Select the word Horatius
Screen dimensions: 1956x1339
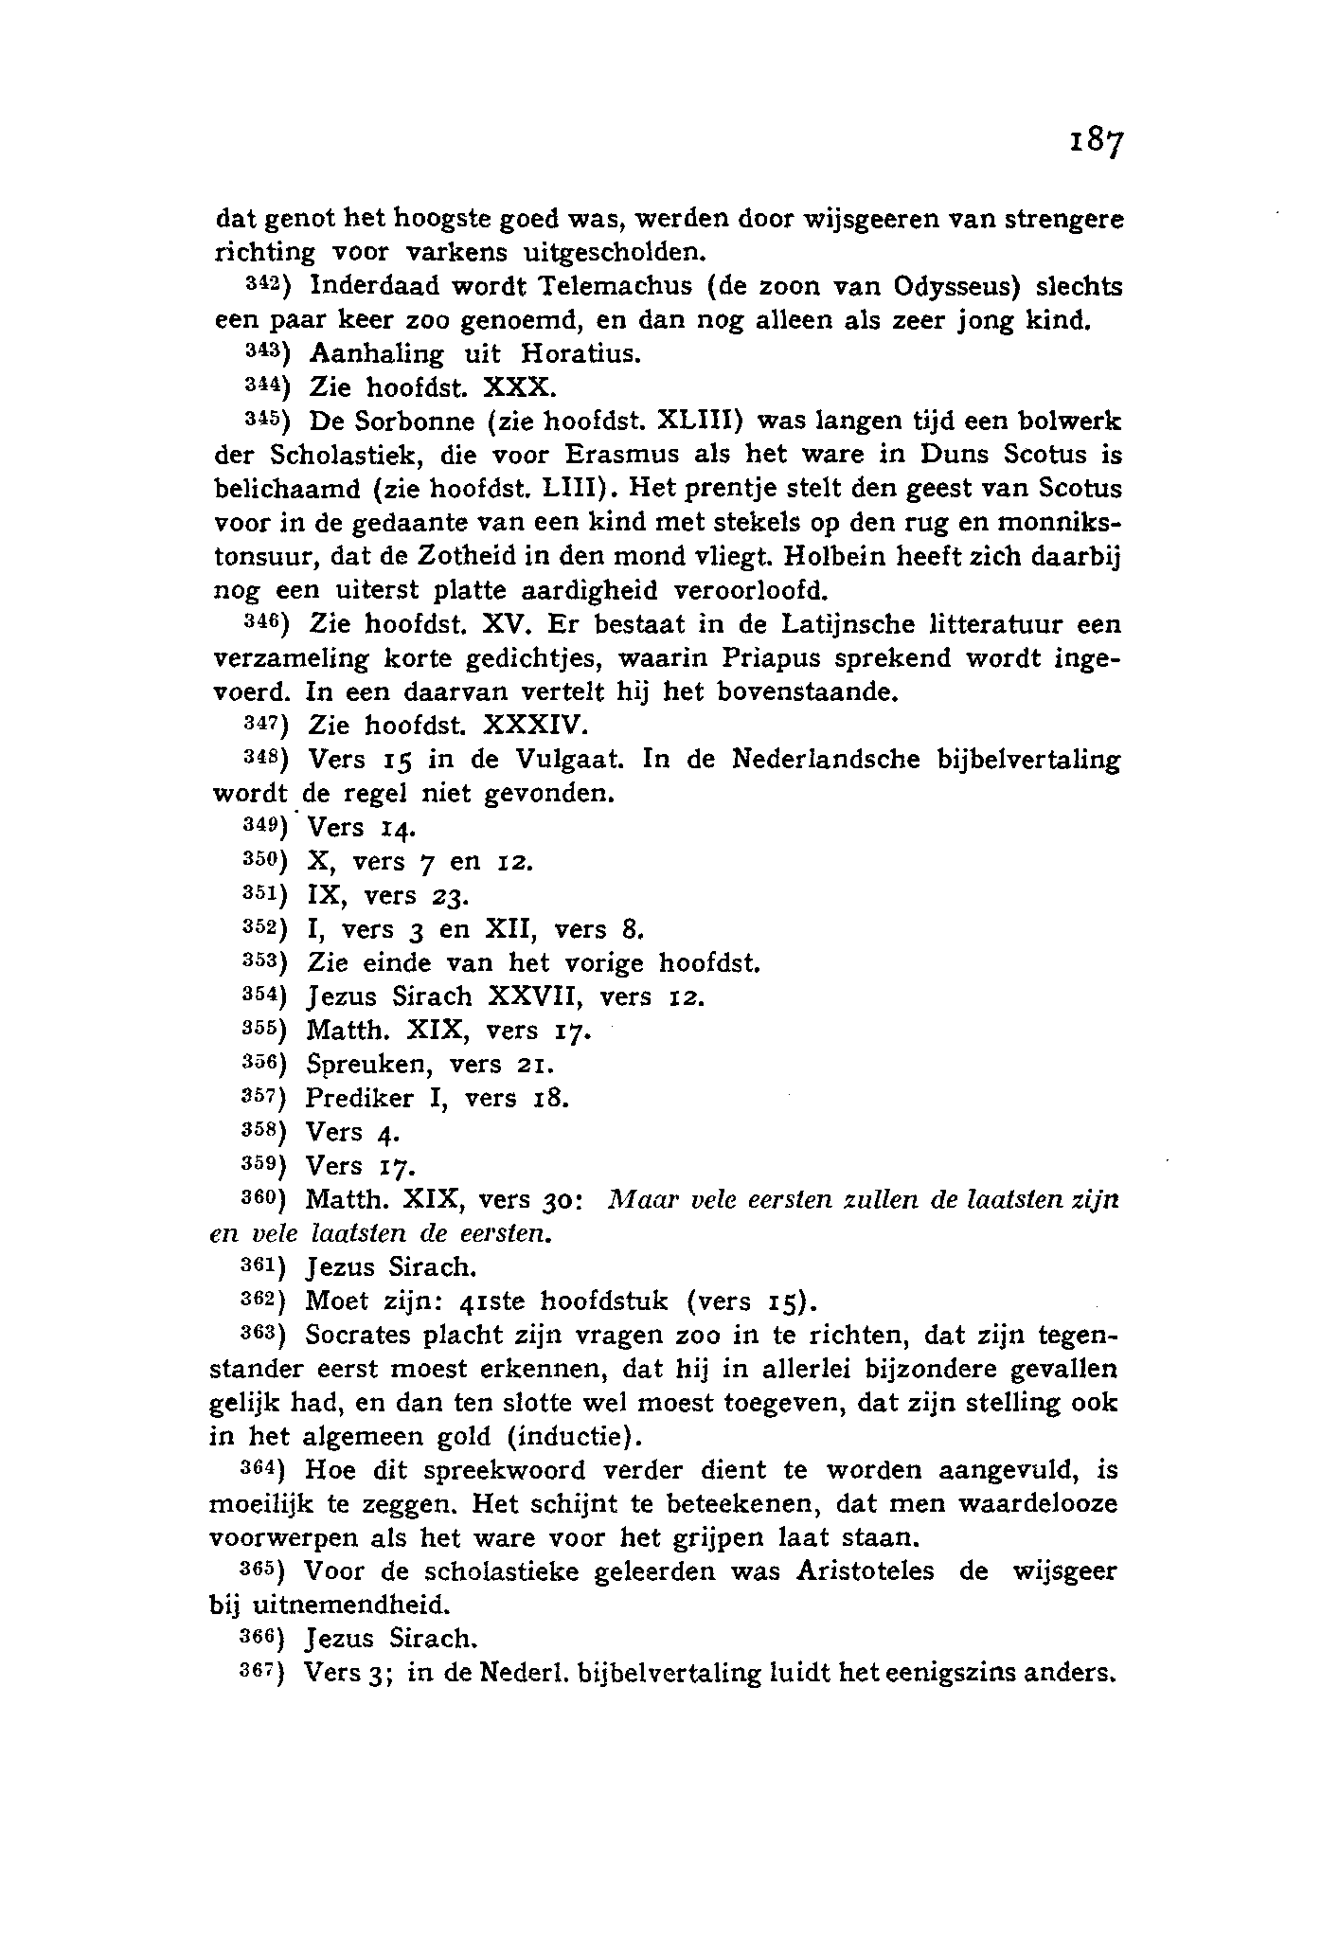tap(580, 354)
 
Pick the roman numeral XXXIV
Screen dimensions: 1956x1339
tap(536, 727)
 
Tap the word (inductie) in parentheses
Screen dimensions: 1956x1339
tap(575, 1437)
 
